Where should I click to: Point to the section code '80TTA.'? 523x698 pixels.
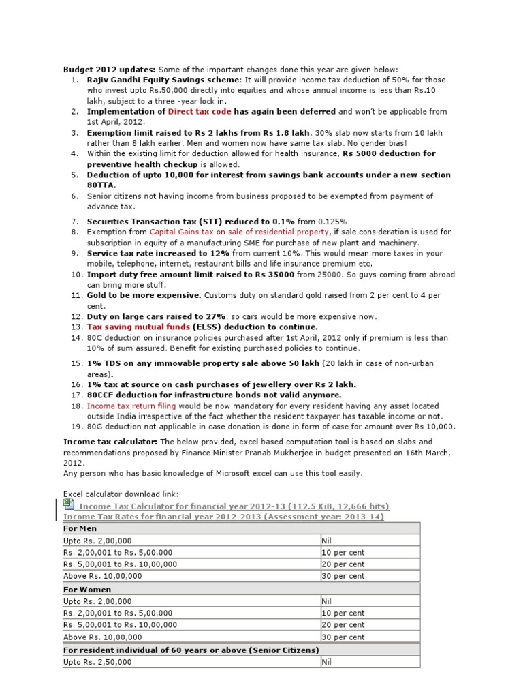101,185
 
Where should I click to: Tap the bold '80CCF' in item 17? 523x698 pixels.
101,395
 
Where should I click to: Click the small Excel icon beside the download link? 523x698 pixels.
68,504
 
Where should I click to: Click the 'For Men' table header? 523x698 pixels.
80,528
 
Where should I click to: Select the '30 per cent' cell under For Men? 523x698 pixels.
343,576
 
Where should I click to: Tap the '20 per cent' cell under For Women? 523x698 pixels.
343,625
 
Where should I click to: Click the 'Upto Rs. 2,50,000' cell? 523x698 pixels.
98,662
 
